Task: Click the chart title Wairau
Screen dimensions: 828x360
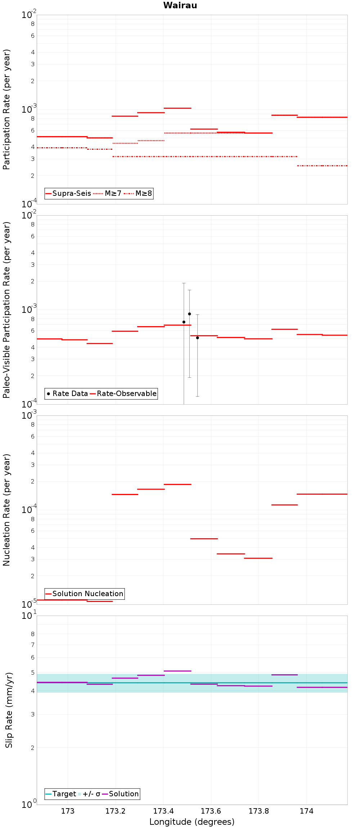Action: (x=180, y=5)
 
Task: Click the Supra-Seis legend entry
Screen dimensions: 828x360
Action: (x=68, y=193)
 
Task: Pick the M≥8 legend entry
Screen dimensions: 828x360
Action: (x=139, y=193)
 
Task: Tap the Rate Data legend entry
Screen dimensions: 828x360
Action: (x=67, y=393)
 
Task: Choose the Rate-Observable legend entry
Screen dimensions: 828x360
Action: (x=123, y=393)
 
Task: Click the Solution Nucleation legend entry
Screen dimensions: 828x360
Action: (x=85, y=594)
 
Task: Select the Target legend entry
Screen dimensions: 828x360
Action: (x=61, y=794)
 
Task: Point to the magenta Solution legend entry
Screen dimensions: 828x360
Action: (x=121, y=794)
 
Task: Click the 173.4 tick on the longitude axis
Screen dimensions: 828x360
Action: (x=163, y=811)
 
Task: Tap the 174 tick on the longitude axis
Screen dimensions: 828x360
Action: (x=306, y=811)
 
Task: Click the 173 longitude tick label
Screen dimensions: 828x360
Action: (x=68, y=811)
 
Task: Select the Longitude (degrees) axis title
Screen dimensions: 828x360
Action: (x=192, y=822)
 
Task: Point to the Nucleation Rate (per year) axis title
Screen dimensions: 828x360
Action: (x=7, y=510)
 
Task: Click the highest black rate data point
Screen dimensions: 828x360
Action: (x=189, y=314)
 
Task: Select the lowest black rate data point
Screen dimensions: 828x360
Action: (x=197, y=338)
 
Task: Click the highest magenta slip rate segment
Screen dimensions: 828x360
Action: (x=177, y=671)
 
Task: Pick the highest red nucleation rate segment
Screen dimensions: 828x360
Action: (x=177, y=485)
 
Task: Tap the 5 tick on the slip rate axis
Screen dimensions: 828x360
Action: (x=33, y=673)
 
